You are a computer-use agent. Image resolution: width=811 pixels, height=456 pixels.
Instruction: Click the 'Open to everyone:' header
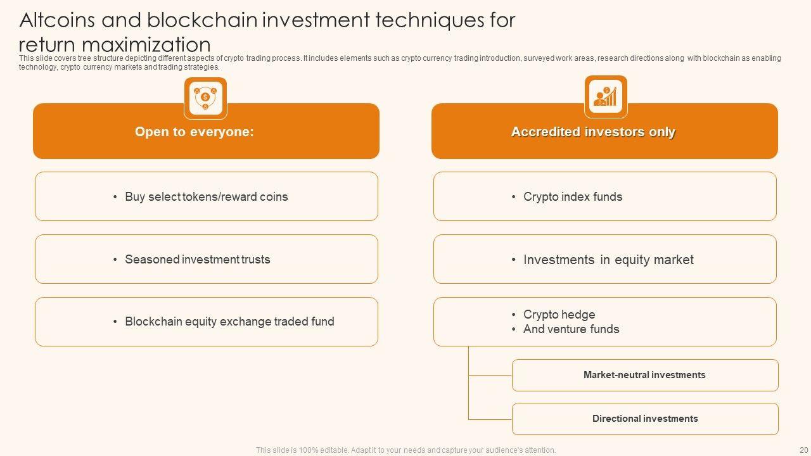click(194, 132)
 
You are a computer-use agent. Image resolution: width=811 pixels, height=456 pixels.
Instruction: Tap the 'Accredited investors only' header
click(593, 132)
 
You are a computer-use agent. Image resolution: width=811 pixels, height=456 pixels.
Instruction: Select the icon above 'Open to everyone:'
click(205, 98)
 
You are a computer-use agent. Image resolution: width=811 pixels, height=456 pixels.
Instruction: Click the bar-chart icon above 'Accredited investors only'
click(606, 96)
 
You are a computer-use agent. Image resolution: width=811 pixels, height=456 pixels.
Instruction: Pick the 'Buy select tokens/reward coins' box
click(207, 196)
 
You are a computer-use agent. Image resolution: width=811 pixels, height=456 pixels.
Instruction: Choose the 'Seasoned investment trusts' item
click(198, 259)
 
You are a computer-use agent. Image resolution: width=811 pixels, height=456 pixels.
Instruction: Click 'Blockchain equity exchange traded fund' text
click(229, 322)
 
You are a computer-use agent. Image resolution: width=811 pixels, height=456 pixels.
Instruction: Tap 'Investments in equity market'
click(608, 260)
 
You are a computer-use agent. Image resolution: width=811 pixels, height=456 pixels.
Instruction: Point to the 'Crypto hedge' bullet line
click(559, 315)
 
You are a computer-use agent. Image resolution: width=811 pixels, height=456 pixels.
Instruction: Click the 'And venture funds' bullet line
click(571, 329)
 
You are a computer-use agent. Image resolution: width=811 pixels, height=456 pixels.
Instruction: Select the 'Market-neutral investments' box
click(644, 375)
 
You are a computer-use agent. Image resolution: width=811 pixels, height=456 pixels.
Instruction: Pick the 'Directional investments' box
click(645, 419)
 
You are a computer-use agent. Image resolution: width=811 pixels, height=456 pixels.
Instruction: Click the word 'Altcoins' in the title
click(57, 20)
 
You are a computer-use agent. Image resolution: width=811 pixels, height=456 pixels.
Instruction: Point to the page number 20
click(803, 450)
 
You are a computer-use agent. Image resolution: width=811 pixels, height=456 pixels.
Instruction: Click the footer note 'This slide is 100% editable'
click(405, 450)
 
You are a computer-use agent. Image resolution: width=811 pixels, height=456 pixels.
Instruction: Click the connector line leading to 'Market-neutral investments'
click(490, 375)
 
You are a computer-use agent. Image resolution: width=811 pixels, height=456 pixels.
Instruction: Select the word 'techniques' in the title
click(430, 20)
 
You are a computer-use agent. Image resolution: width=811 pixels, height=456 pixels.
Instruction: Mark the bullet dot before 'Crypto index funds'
click(514, 197)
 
